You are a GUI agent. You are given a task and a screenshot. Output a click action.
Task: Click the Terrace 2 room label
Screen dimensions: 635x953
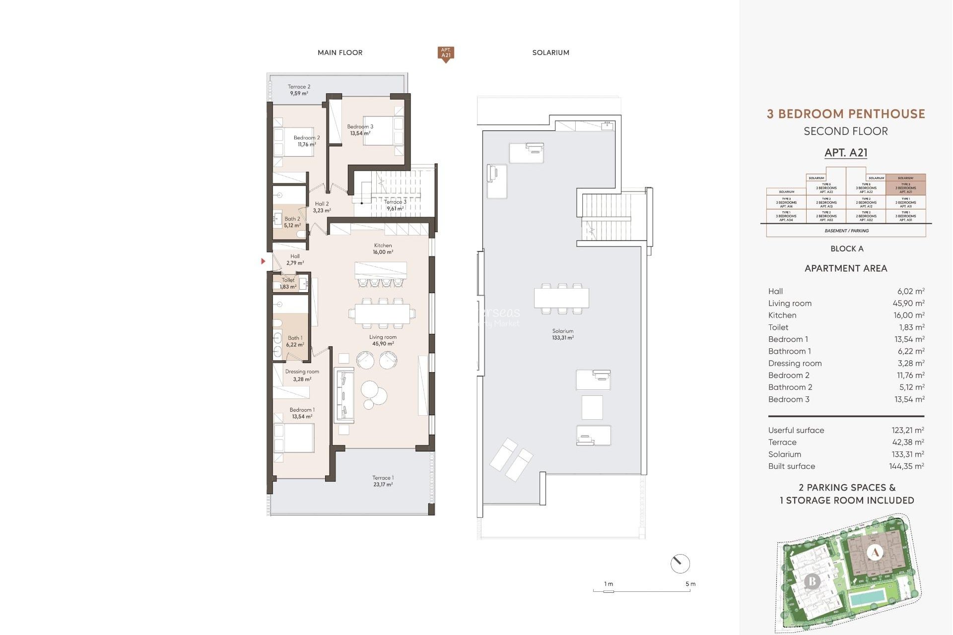299,90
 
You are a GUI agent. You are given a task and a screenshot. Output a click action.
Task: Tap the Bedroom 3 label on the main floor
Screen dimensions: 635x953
360,129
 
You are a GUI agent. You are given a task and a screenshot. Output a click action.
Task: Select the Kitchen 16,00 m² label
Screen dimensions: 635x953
383,249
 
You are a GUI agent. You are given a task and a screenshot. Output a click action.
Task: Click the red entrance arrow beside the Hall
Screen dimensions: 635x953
263,261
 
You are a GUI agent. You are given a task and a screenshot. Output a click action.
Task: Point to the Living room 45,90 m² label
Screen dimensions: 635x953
383,340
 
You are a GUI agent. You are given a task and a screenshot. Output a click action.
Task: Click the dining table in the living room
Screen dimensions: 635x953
382,314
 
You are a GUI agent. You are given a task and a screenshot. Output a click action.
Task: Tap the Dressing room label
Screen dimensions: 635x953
302,375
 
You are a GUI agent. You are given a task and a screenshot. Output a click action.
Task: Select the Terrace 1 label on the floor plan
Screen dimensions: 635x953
383,481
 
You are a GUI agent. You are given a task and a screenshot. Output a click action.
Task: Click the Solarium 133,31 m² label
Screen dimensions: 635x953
562,334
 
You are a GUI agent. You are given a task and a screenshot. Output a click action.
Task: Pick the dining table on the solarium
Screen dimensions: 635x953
561,298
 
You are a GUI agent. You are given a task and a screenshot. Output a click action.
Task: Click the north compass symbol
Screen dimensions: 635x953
680,564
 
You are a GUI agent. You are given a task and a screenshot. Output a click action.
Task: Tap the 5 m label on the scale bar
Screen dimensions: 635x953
690,584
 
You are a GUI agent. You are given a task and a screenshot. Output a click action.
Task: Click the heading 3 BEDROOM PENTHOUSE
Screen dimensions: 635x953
846,114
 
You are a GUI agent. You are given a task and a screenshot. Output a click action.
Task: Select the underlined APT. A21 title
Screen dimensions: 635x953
846,153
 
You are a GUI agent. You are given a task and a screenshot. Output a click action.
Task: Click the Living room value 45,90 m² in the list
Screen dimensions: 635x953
908,303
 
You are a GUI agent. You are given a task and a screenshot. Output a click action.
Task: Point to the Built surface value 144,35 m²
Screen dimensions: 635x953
906,466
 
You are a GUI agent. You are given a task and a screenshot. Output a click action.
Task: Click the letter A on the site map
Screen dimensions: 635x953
875,552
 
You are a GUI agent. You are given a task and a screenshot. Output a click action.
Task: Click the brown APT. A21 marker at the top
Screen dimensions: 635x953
446,53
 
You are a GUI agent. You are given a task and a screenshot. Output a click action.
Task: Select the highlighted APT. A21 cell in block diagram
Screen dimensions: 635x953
905,188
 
